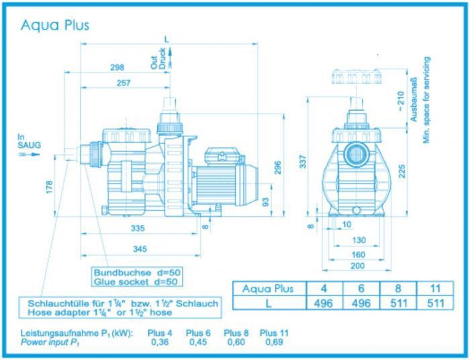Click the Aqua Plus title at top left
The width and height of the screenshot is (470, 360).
[x=55, y=25]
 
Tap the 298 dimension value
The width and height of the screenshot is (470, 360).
[x=117, y=67]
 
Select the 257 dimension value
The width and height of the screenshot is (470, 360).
[x=124, y=83]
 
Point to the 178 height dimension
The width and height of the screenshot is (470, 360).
[x=50, y=187]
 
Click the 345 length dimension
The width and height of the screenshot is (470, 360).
[x=140, y=249]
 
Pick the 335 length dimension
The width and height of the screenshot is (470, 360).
[x=138, y=228]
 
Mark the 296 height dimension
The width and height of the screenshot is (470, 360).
[x=277, y=168]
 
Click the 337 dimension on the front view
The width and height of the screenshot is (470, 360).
[x=303, y=161]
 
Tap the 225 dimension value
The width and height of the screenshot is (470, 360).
[x=402, y=171]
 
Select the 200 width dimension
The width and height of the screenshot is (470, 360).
[x=358, y=265]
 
